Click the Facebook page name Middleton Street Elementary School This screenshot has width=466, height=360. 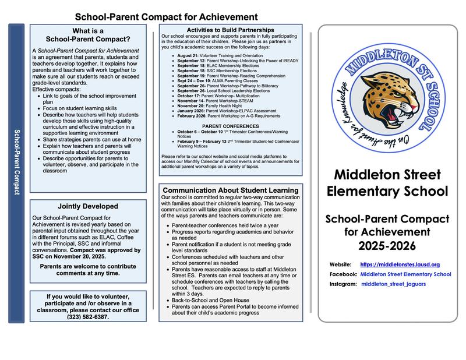click(405, 274)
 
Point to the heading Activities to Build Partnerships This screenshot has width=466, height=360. click(231, 30)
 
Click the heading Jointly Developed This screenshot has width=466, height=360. click(88, 206)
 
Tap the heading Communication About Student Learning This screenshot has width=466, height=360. click(231, 190)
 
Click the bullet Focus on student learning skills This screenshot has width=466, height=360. click(80, 108)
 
